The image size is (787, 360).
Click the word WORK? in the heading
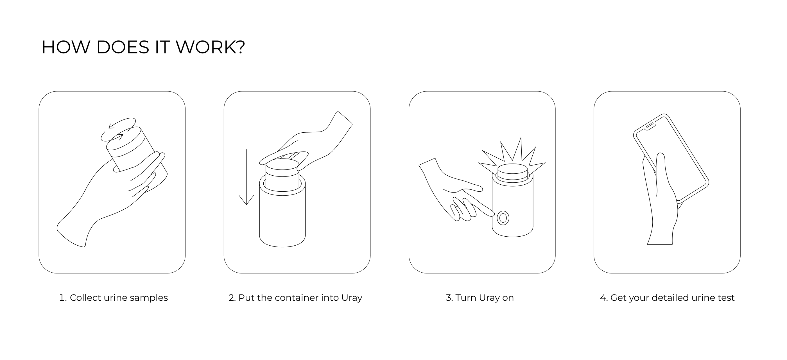pyautogui.click(x=210, y=47)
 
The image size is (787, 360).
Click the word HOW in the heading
pyautogui.click(x=66, y=47)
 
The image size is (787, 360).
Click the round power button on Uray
pyautogui.click(x=503, y=218)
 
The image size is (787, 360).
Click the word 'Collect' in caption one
pyautogui.click(x=85, y=297)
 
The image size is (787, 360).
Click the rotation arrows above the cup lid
pyautogui.click(x=119, y=130)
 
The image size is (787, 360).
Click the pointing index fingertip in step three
pyautogui.click(x=490, y=213)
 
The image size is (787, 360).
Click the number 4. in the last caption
pyautogui.click(x=603, y=297)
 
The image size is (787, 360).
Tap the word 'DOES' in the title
pyautogui.click(x=123, y=47)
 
